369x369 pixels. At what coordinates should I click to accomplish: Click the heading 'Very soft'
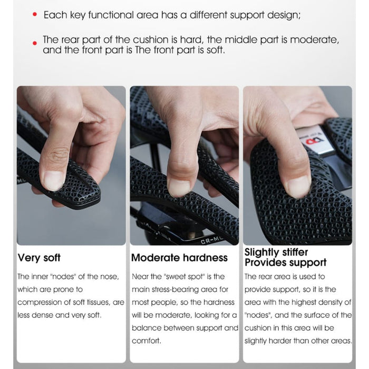[39, 258]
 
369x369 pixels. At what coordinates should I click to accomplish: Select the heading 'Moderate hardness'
[179, 258]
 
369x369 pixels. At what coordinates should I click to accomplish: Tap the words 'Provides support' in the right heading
[285, 263]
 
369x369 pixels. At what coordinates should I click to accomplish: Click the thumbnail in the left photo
[54, 180]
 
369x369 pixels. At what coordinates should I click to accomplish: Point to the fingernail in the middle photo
[179, 187]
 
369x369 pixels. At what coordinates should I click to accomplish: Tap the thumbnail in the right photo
[297, 186]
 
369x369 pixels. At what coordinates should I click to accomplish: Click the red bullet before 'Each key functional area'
[35, 15]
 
